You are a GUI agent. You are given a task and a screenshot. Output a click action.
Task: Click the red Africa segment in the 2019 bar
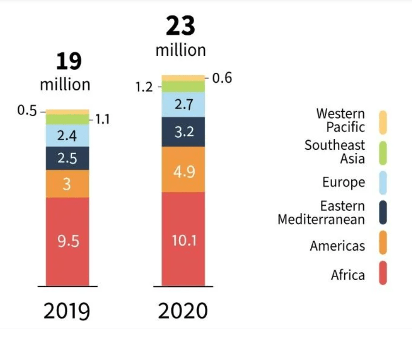[x=67, y=241]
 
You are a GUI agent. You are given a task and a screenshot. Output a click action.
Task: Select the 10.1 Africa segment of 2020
[x=183, y=239]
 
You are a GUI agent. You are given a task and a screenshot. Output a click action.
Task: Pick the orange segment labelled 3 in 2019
[x=67, y=184]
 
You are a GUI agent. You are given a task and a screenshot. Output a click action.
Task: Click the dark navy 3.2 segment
[x=183, y=132]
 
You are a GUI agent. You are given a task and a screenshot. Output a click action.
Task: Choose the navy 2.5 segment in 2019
[x=67, y=159]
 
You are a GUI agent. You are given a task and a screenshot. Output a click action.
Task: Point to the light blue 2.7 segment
[x=183, y=105]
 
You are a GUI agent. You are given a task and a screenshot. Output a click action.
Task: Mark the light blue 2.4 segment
[x=67, y=136]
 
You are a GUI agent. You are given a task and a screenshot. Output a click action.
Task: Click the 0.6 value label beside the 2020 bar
[x=222, y=78]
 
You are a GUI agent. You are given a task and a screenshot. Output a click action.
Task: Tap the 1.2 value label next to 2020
[x=144, y=87]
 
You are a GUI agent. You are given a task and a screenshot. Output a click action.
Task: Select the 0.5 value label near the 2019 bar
[x=27, y=110]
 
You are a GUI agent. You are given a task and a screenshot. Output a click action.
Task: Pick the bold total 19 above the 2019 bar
[x=68, y=61]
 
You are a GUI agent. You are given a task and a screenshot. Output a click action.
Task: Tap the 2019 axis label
[x=67, y=311]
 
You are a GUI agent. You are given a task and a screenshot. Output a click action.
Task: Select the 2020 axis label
[x=183, y=311]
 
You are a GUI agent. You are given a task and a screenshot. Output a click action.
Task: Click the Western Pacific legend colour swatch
[x=383, y=120]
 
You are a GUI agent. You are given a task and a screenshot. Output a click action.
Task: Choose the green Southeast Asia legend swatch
[x=383, y=151]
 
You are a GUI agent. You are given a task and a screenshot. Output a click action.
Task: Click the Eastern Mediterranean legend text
[x=321, y=213]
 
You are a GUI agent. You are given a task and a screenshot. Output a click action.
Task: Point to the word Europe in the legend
[x=344, y=183]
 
